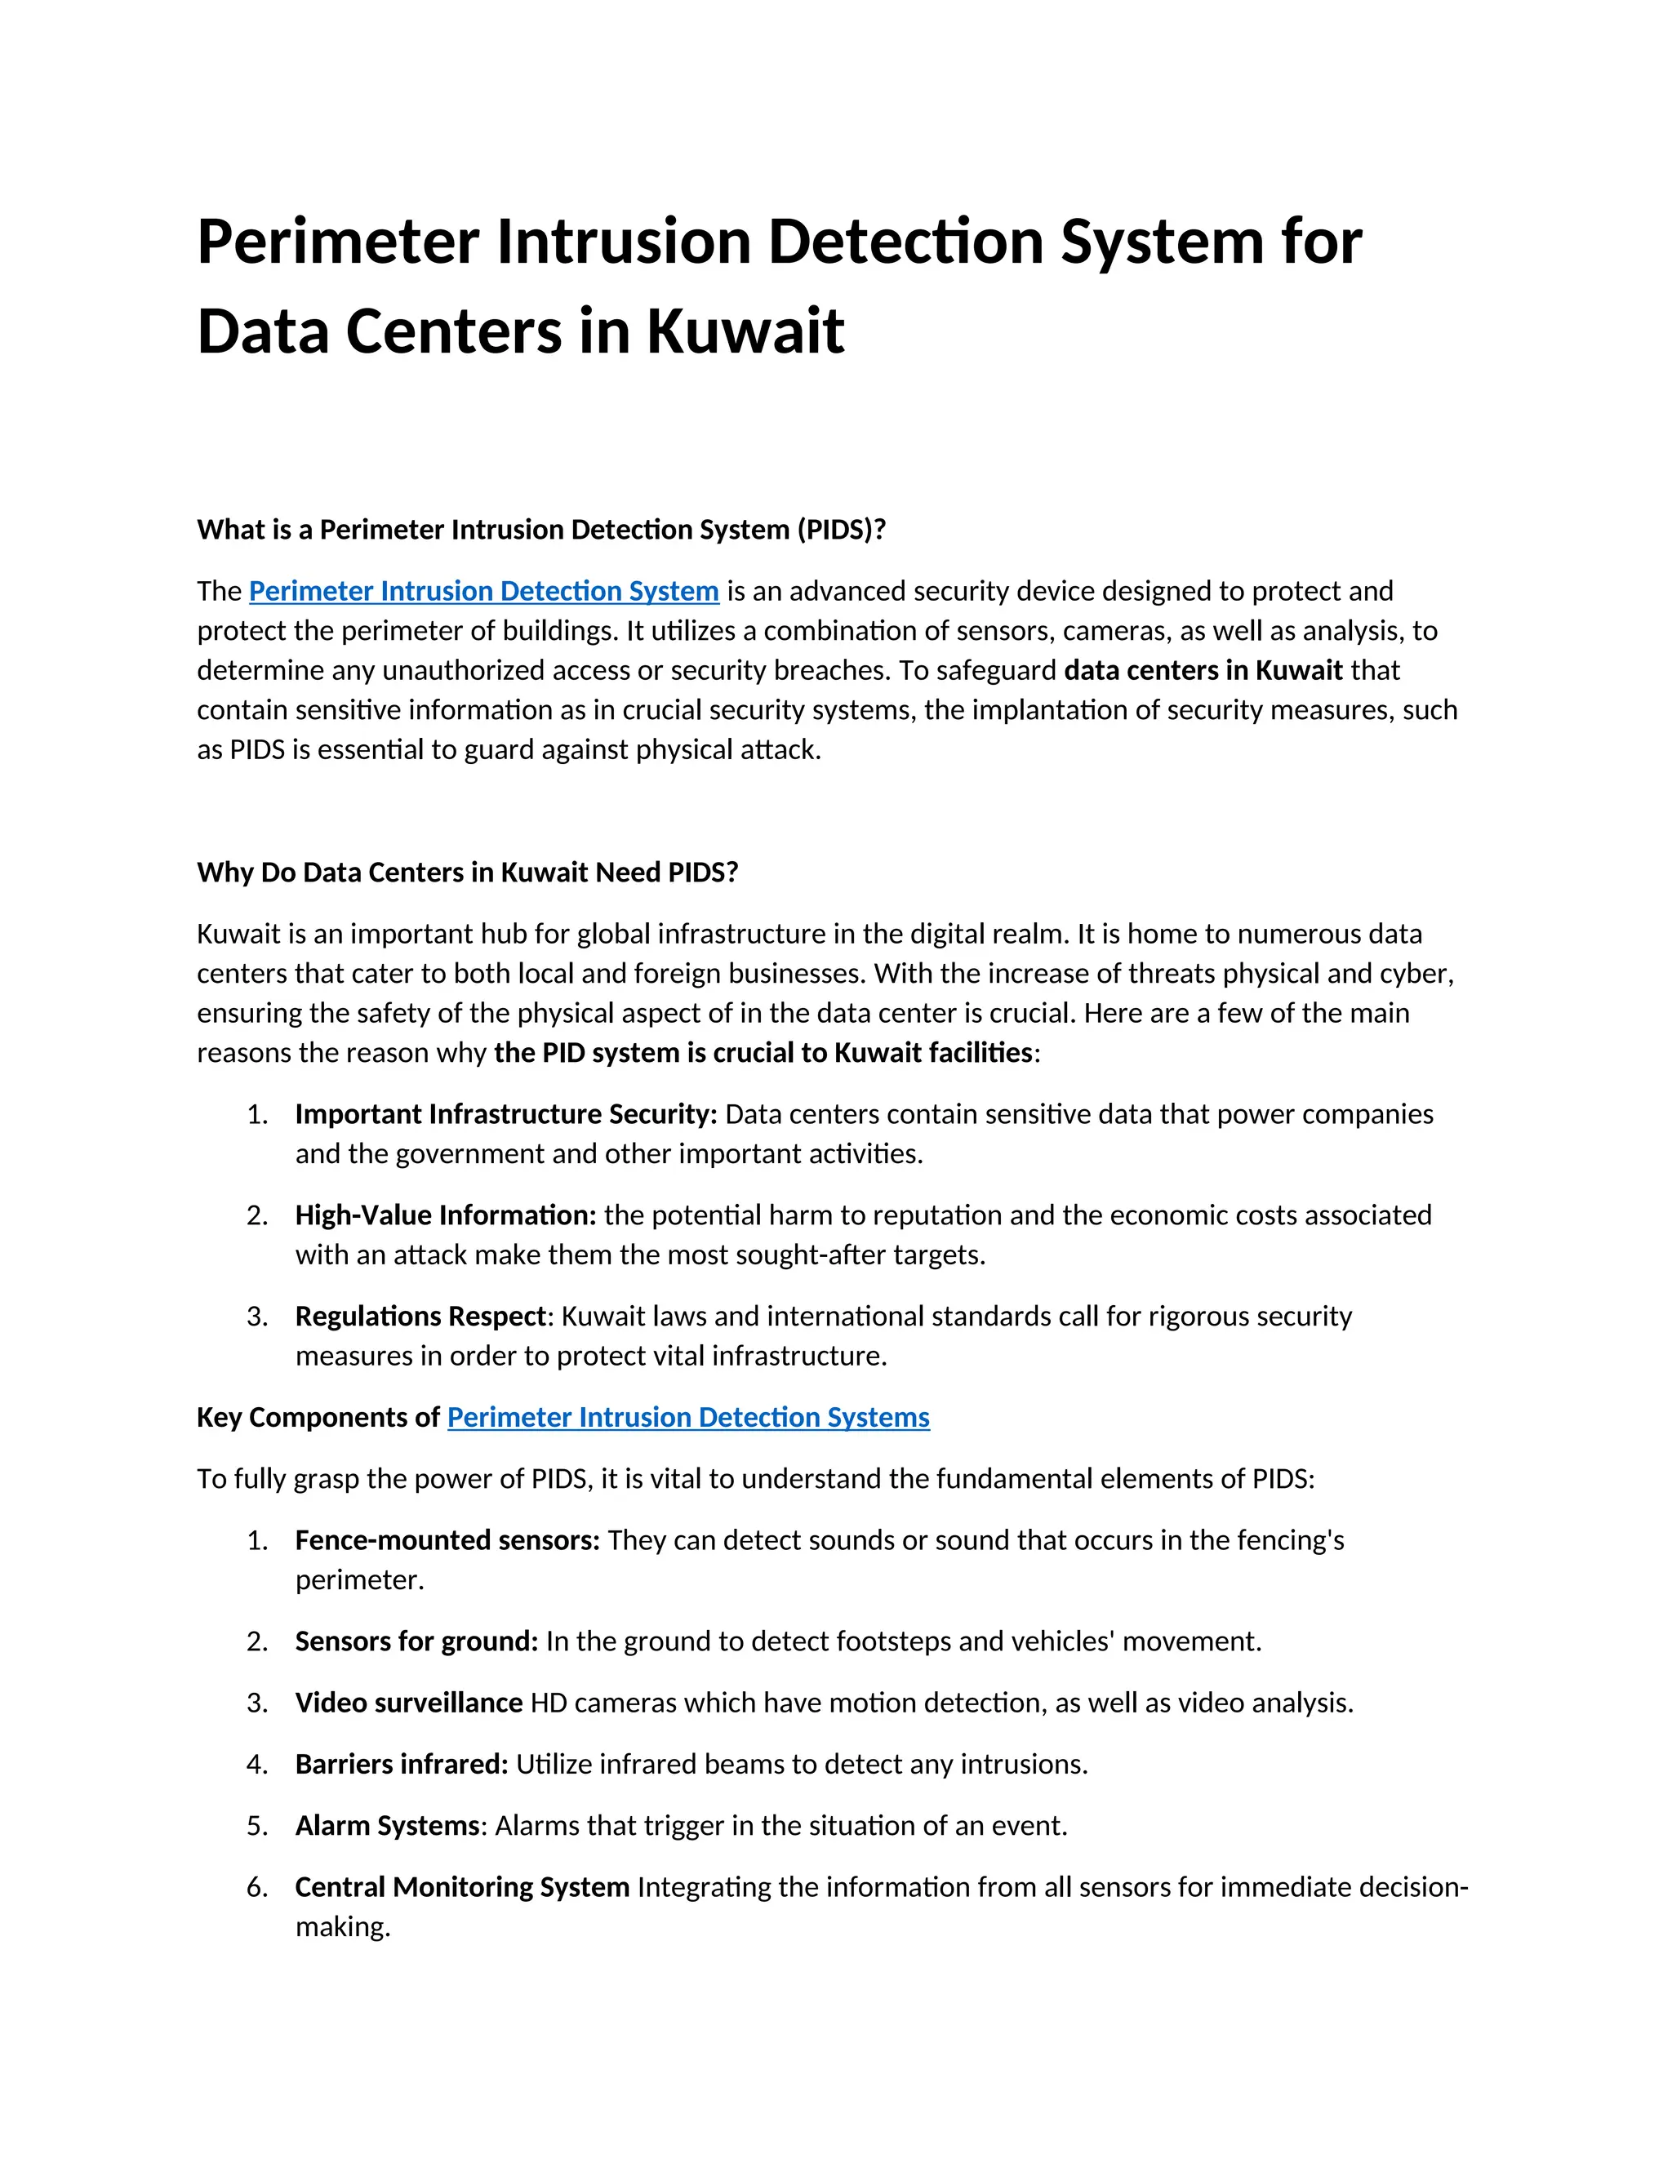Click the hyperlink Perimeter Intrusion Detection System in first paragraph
pyautogui.click(x=483, y=591)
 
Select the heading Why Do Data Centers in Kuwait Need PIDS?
pyautogui.click(x=468, y=873)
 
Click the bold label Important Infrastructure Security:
pyautogui.click(x=506, y=1114)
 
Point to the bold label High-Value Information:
pyautogui.click(x=446, y=1215)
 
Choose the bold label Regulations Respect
pyautogui.click(x=420, y=1317)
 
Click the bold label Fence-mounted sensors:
pyautogui.click(x=447, y=1540)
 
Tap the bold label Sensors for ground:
pyautogui.click(x=416, y=1641)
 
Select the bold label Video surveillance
pyautogui.click(x=408, y=1703)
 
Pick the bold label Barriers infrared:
pyautogui.click(x=401, y=1764)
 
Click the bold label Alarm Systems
pyautogui.click(x=387, y=1825)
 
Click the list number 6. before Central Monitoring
pyautogui.click(x=257, y=1888)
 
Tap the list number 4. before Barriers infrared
pyautogui.click(x=257, y=1765)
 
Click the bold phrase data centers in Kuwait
pyautogui.click(x=1203, y=670)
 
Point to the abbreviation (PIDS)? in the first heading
pyautogui.click(x=841, y=530)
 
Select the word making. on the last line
pyautogui.click(x=343, y=1927)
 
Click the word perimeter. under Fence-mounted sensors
pyautogui.click(x=359, y=1581)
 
